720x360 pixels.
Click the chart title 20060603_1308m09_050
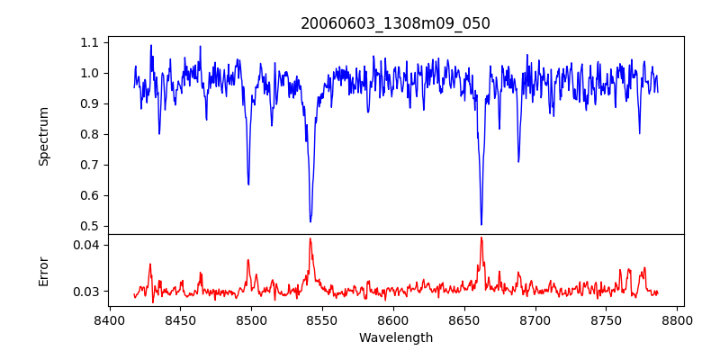tap(395, 23)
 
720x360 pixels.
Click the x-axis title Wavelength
tap(395, 338)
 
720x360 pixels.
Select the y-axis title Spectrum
tap(44, 136)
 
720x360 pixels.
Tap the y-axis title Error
tap(44, 271)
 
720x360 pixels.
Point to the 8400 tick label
tap(109, 319)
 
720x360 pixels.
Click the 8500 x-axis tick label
tap(251, 319)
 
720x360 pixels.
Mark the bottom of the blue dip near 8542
tap(310, 221)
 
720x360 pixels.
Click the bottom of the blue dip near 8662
tap(481, 224)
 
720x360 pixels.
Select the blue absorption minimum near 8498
tap(248, 184)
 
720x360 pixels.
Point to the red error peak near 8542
tap(310, 238)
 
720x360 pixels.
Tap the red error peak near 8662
tap(481, 238)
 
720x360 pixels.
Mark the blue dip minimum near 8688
tap(518, 162)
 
